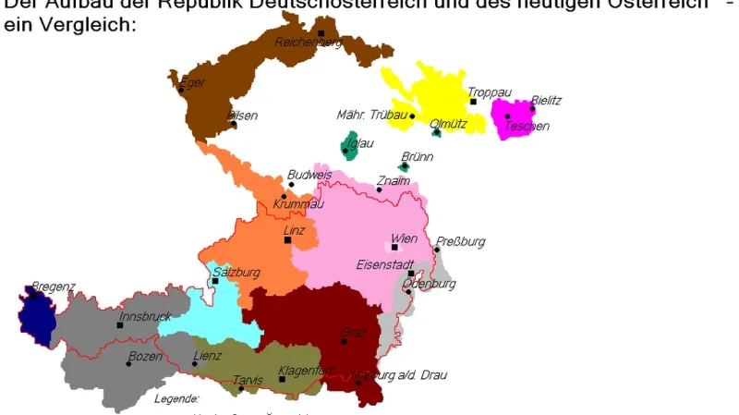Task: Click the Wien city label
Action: pyautogui.click(x=405, y=238)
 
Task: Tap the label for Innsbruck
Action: pyautogui.click(x=145, y=316)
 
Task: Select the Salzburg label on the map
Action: pyautogui.click(x=236, y=273)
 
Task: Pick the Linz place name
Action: pyautogui.click(x=294, y=230)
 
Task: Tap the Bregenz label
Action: pyautogui.click(x=53, y=287)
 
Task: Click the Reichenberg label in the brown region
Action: pyautogui.click(x=309, y=42)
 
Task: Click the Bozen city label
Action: pyautogui.click(x=144, y=356)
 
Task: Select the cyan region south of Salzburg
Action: pyautogui.click(x=214, y=314)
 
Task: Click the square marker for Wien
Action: pyautogui.click(x=394, y=248)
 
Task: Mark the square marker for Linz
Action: pyautogui.click(x=287, y=240)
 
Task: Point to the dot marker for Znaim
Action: pyautogui.click(x=379, y=189)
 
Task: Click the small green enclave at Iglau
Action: pyautogui.click(x=349, y=146)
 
